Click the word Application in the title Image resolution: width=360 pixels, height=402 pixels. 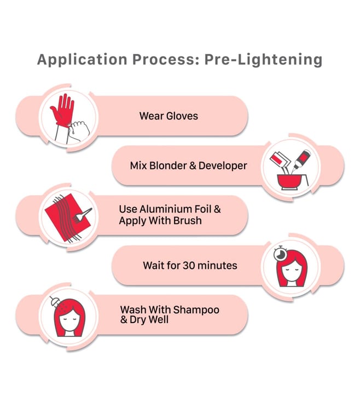(x=82, y=60)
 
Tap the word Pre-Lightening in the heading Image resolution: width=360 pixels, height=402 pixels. (x=263, y=60)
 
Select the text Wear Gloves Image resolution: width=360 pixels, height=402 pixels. (x=169, y=116)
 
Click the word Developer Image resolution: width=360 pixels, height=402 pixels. (x=223, y=166)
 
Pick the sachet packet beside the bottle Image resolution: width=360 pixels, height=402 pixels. (x=280, y=160)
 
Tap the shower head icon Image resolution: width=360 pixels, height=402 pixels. (x=54, y=301)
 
